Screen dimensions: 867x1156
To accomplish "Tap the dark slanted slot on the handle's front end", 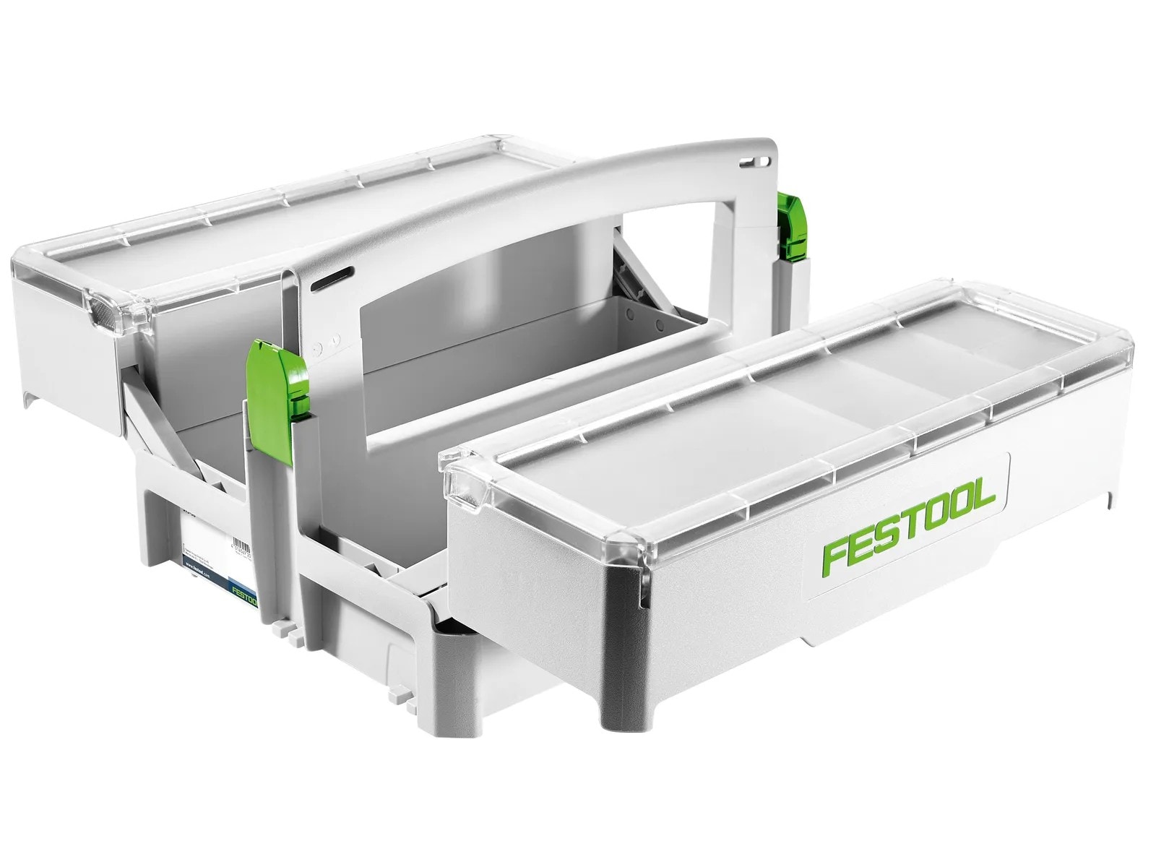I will (x=332, y=277).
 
